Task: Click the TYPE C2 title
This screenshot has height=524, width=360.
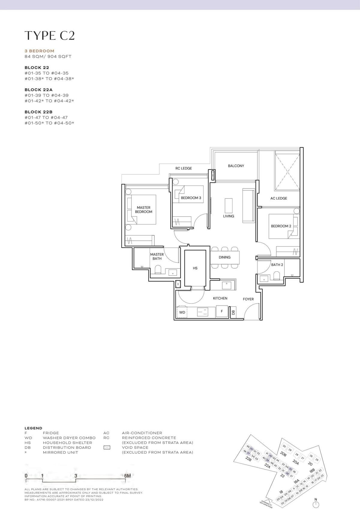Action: click(x=49, y=35)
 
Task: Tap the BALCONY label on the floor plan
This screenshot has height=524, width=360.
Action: click(x=236, y=166)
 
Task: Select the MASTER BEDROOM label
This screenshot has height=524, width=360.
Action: click(x=143, y=209)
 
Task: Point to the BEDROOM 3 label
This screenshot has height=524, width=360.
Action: click(x=191, y=198)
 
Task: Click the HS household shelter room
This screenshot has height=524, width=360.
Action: click(x=195, y=268)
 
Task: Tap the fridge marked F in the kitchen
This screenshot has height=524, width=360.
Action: click(x=222, y=311)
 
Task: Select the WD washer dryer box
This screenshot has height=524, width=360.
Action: click(x=182, y=312)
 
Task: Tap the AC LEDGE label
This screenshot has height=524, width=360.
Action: click(x=279, y=198)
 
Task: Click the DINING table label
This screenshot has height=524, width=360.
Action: click(x=224, y=257)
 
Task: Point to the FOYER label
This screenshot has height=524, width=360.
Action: click(x=248, y=299)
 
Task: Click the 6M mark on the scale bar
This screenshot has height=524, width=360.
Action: click(x=127, y=476)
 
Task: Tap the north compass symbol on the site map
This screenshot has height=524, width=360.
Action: click(x=316, y=504)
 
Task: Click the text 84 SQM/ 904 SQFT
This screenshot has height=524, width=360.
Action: click(x=48, y=56)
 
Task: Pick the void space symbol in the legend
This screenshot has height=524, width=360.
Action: click(x=106, y=447)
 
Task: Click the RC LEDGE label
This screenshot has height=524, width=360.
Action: click(x=184, y=168)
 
